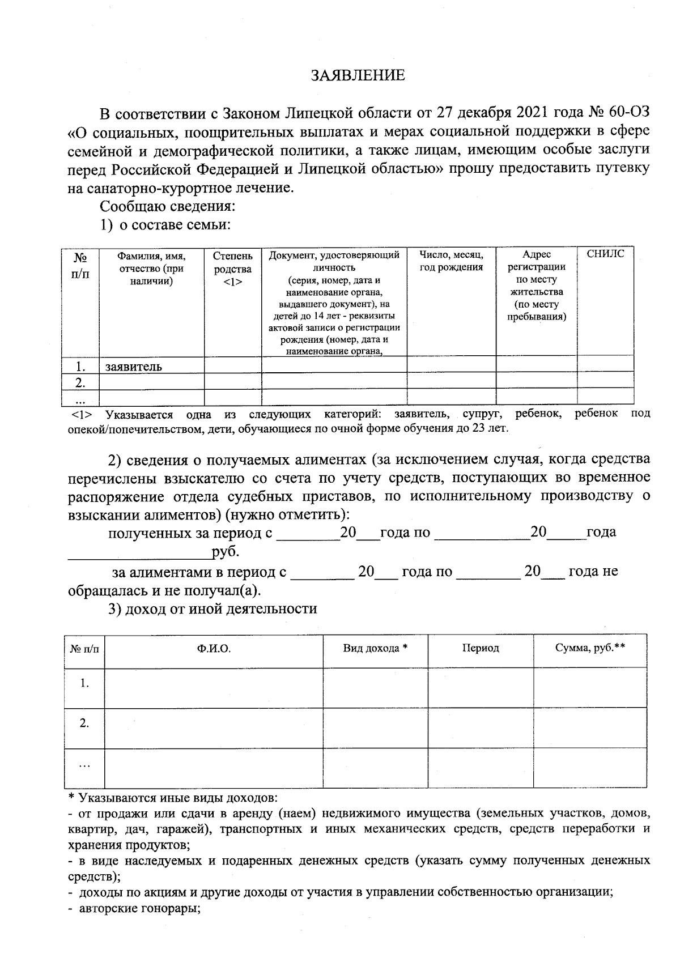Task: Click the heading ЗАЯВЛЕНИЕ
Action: pos(358,75)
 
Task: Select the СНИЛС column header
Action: pos(605,254)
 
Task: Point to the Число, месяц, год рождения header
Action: pos(451,261)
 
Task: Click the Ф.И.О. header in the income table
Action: pos(214,648)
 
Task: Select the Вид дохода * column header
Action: pos(375,648)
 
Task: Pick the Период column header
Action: pos(480,648)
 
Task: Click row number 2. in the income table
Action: pos(84,723)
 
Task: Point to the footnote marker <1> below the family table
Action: pos(82,415)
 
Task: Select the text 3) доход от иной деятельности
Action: pos(212,609)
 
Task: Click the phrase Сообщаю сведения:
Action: pos(168,206)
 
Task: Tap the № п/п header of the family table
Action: pos(80,265)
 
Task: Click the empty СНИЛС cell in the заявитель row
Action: pos(605,364)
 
